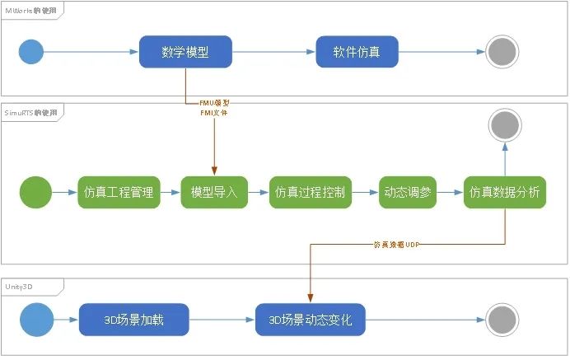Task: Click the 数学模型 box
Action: point(186,52)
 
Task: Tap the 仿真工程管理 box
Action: point(119,193)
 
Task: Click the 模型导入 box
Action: point(214,193)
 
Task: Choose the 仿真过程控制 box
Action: point(310,193)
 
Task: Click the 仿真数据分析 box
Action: point(504,193)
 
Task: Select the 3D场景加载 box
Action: point(133,320)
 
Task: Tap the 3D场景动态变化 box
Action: point(311,320)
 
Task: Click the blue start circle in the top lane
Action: point(31,53)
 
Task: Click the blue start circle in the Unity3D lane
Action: point(34,320)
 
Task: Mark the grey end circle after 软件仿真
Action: point(501,52)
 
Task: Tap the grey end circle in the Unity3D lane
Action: point(501,320)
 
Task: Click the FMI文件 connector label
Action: point(215,112)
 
